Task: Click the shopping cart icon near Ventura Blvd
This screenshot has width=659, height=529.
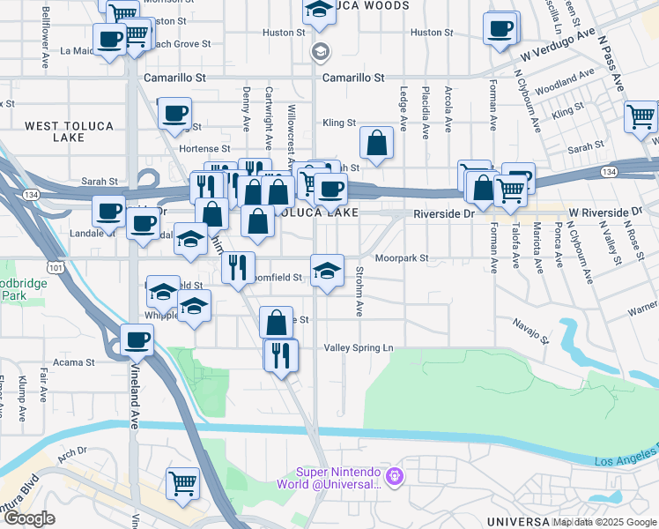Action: (x=182, y=482)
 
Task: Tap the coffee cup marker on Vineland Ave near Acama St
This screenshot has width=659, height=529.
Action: (x=137, y=339)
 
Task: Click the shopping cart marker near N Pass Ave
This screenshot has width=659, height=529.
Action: (x=640, y=116)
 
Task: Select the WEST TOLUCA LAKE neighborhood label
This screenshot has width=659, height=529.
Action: (x=70, y=131)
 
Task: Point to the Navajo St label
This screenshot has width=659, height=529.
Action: (x=531, y=332)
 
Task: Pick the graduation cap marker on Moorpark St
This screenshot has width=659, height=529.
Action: (x=327, y=270)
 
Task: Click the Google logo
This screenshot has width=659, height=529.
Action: (x=30, y=518)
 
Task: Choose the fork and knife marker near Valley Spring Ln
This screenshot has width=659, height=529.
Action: (x=281, y=354)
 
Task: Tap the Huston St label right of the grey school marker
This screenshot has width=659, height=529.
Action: (x=431, y=33)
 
